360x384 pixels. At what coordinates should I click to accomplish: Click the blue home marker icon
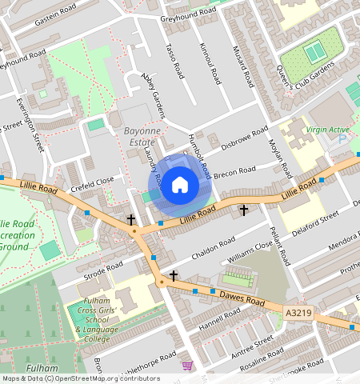pos(180,185)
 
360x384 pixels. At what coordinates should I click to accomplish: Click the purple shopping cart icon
pos(187,366)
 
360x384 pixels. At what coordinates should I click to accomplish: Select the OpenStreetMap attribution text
pos(80,378)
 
